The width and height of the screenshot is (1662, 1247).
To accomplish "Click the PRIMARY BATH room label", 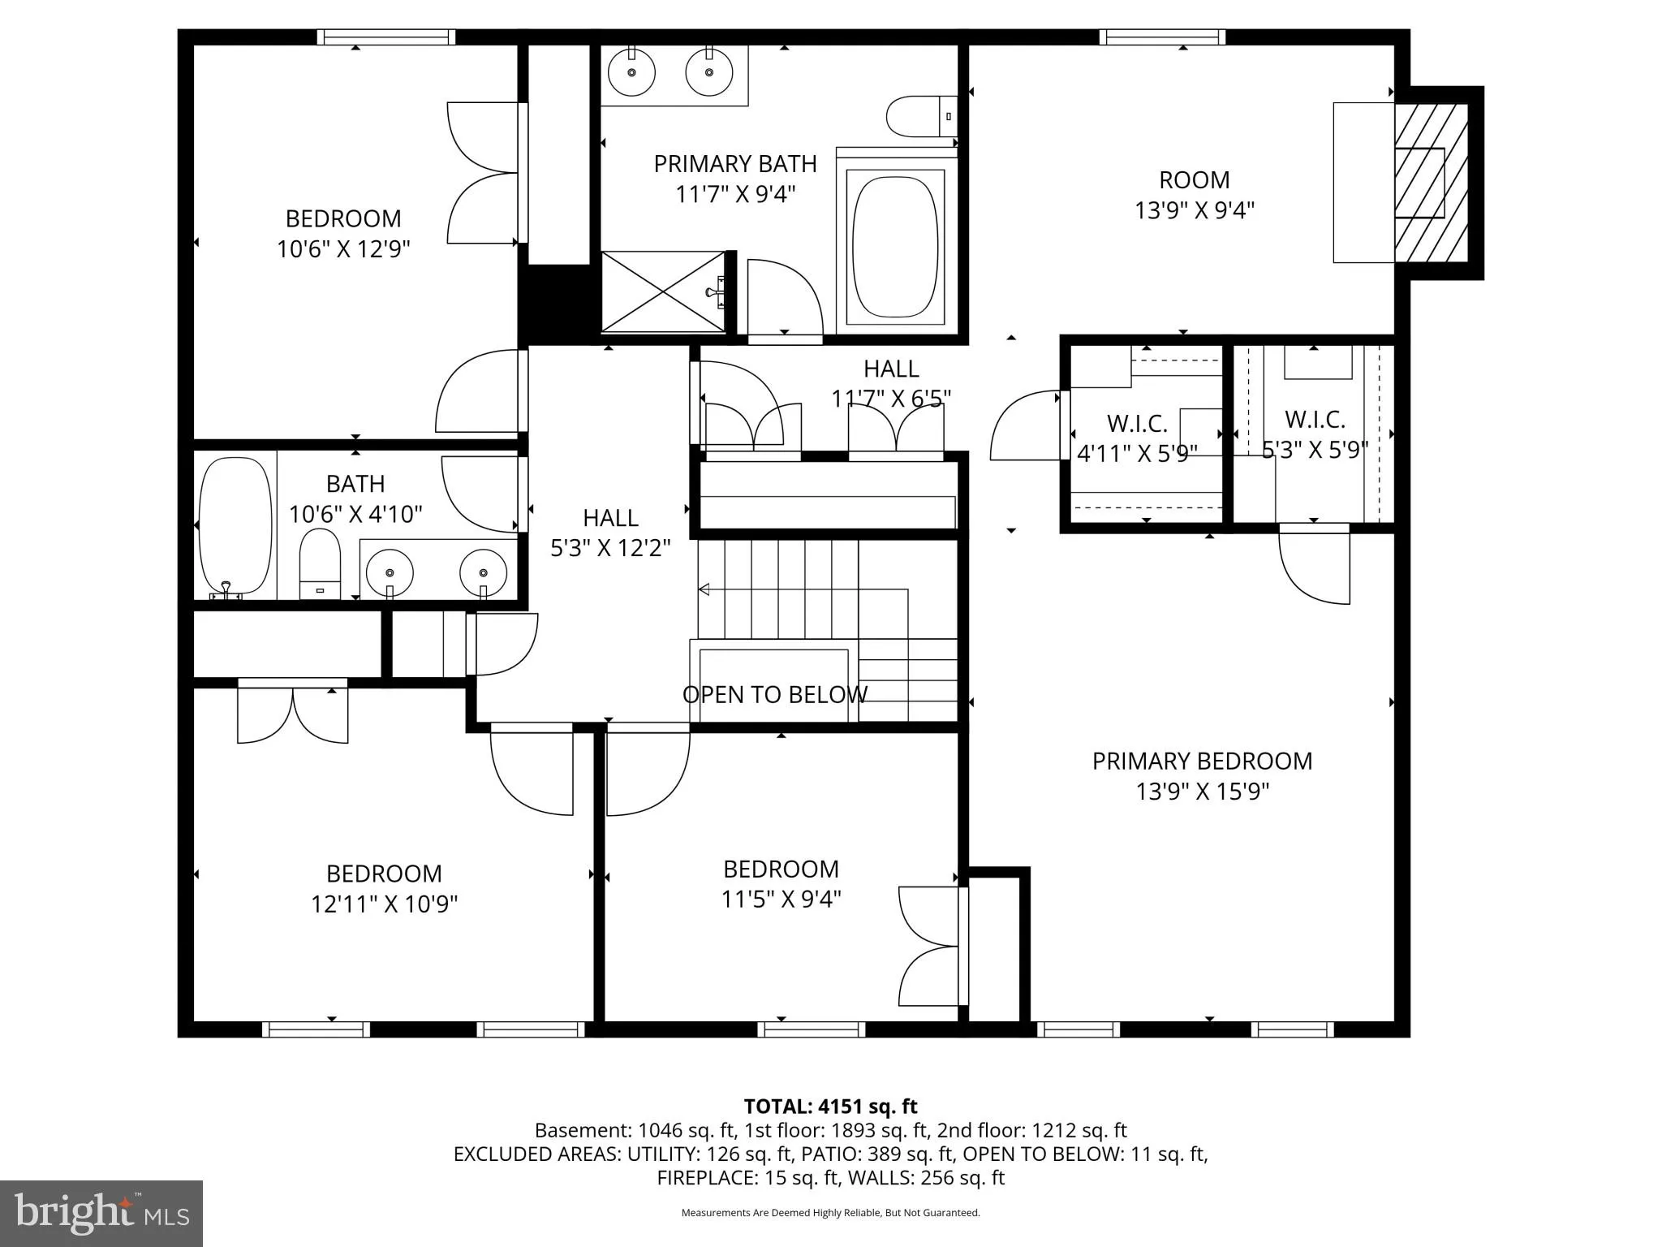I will tap(735, 164).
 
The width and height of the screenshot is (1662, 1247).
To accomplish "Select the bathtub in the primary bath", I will tap(896, 246).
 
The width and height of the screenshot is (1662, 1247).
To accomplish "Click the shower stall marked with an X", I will tap(662, 291).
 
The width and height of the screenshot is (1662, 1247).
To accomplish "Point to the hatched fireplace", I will tap(1432, 183).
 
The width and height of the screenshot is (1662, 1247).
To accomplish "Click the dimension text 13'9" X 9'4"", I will tap(1194, 210).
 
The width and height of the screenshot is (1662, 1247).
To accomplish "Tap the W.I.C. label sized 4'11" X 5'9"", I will tap(1137, 438).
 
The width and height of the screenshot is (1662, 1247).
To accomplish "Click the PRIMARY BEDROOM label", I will tap(1202, 761).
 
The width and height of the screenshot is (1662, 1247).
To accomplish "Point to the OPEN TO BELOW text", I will tap(774, 694).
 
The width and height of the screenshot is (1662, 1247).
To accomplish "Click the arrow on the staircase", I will tap(704, 589).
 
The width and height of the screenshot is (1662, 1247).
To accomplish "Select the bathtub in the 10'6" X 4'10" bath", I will tap(235, 526).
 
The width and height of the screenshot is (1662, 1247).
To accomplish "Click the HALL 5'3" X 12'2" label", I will tap(610, 533).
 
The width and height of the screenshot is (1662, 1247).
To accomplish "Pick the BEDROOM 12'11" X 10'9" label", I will tap(384, 888).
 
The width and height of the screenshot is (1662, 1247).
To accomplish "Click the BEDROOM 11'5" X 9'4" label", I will tap(781, 883).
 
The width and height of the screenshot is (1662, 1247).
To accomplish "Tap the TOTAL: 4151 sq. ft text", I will tap(830, 1107).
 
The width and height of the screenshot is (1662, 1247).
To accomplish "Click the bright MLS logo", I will tap(101, 1213).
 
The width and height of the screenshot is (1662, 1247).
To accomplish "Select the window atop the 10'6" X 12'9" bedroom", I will tap(385, 37).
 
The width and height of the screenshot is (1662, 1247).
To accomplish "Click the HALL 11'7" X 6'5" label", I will tap(891, 383).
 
